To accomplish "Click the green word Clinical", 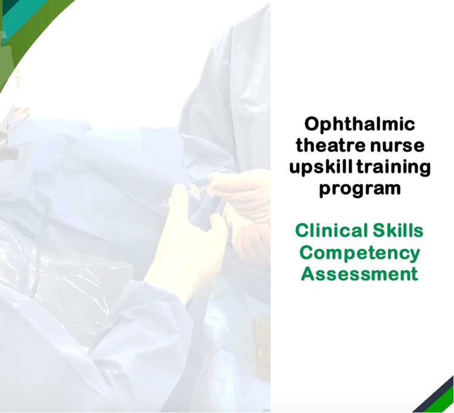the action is click(x=331, y=230).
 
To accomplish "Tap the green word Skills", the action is click(x=398, y=230).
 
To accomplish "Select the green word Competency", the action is click(x=360, y=253).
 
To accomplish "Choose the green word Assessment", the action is click(x=360, y=274).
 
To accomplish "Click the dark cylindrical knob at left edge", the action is click(x=8, y=153).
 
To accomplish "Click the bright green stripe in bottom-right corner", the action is click(x=441, y=403).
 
